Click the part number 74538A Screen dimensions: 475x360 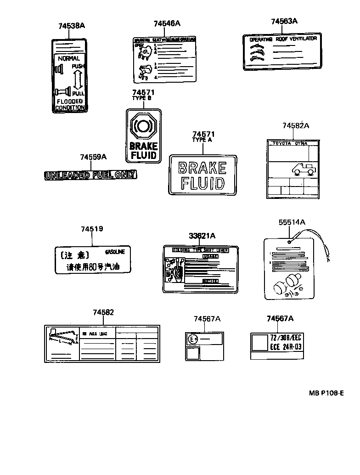coord(72,26)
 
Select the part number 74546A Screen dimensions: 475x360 coord(167,23)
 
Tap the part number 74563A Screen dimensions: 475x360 coord(284,21)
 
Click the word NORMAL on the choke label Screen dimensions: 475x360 coord(69,58)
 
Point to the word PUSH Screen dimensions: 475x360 coord(79,67)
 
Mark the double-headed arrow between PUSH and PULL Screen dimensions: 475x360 coord(78,80)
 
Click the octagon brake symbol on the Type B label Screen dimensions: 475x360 coord(144,125)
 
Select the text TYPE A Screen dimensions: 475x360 coord(202,140)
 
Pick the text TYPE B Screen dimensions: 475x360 coord(141,98)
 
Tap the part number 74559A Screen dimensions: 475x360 coord(93,157)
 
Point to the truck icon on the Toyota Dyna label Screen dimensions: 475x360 coord(304,170)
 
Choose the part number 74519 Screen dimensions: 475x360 coord(92,229)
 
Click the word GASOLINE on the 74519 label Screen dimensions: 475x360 coord(118,252)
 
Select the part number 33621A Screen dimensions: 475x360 coord(202,236)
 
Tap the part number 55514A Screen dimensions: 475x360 coord(292,222)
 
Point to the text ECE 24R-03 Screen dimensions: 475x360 coord(285,347)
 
